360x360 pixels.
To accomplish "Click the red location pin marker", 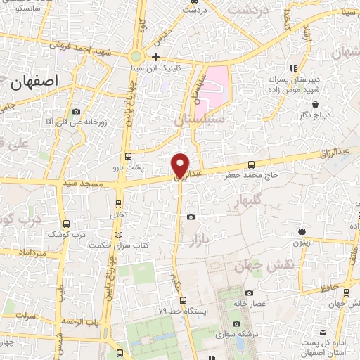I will point(181,165).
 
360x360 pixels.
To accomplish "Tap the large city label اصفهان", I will point(33,80).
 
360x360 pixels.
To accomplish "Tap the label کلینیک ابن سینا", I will point(156,67).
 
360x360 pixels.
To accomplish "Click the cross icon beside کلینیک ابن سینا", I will point(156,57).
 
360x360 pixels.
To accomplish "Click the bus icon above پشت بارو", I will point(128,157).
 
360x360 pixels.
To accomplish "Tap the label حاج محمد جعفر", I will point(252,174).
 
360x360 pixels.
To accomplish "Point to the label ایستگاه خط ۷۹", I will point(162,310).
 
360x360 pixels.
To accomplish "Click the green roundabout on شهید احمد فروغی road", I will point(136,56).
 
